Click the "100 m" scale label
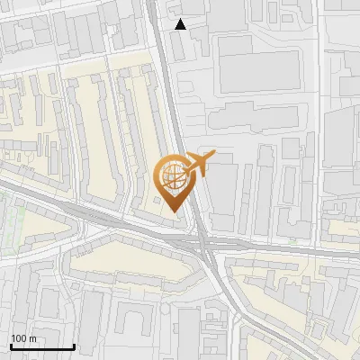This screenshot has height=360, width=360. pyautogui.click(x=22, y=338)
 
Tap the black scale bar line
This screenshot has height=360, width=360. pyautogui.click(x=41, y=346)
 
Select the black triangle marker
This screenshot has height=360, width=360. pyautogui.click(x=181, y=24)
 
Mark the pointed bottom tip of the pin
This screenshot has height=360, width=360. pyautogui.click(x=173, y=211)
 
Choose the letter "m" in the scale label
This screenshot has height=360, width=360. pyautogui.click(x=32, y=338)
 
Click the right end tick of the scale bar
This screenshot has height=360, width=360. pyautogui.click(x=73, y=346)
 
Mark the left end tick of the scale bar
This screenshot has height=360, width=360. pyautogui.click(x=10, y=346)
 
